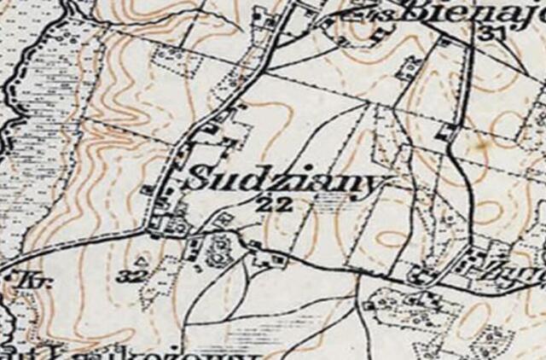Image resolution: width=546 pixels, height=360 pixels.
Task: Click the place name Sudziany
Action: tap(286, 181)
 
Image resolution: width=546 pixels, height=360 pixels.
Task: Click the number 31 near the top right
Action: tap(491, 33)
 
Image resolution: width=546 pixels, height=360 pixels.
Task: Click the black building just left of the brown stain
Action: tap(447, 133)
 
